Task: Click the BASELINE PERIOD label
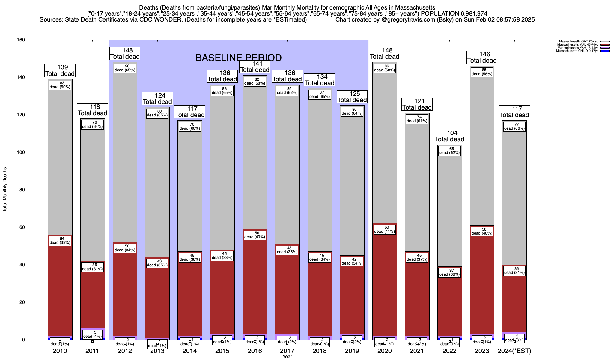(x=238, y=58)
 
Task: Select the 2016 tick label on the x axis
(x=255, y=351)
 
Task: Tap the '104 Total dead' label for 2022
(x=449, y=136)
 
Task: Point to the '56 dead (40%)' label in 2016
(x=255, y=235)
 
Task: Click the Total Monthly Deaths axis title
(x=5, y=190)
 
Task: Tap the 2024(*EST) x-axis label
(x=514, y=351)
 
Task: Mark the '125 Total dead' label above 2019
(x=352, y=97)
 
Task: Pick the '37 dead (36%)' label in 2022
(x=449, y=272)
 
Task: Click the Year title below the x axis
(x=287, y=356)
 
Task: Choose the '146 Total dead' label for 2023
(x=482, y=57)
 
